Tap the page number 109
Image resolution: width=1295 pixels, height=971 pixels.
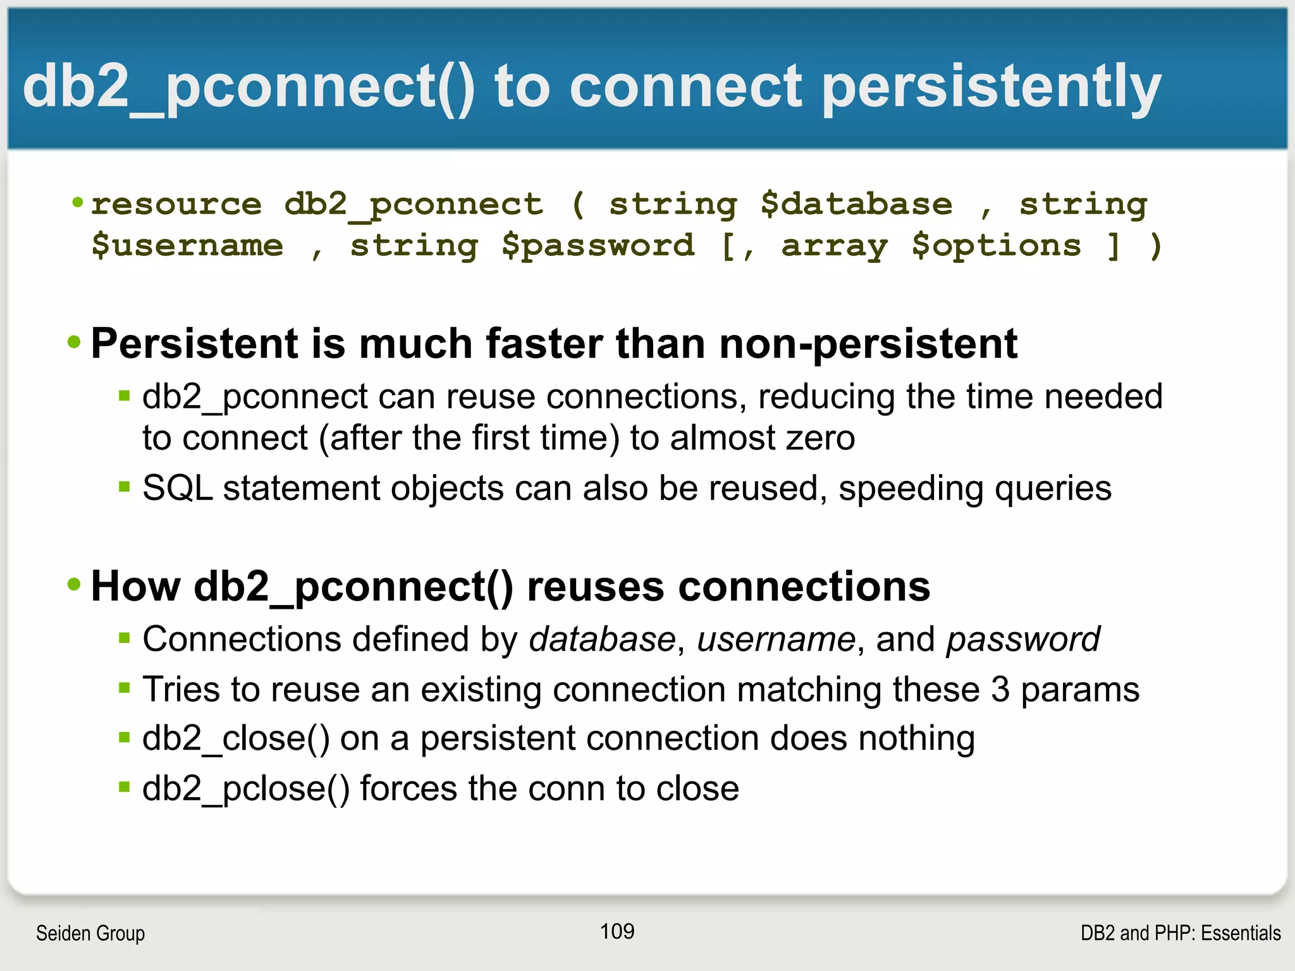[x=617, y=931]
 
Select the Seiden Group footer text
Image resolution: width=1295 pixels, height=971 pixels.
[x=90, y=933]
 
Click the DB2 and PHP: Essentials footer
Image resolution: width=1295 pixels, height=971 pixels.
[x=1180, y=933]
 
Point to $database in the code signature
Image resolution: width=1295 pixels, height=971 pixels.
[x=856, y=205]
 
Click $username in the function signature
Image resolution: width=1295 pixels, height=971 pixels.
[x=187, y=245]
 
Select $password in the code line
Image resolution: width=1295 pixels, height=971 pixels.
[x=598, y=245]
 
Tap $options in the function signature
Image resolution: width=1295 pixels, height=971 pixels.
[x=996, y=245]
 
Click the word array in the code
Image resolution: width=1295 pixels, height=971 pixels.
[x=835, y=245]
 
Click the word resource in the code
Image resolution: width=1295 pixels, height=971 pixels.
[x=176, y=205]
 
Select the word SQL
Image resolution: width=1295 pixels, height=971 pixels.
[x=177, y=489]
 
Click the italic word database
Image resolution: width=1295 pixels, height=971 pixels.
[x=602, y=639]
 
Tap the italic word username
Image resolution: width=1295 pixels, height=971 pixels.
[x=776, y=639]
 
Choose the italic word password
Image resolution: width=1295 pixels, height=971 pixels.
[x=1022, y=639]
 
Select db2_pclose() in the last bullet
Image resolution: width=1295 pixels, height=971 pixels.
[x=245, y=789]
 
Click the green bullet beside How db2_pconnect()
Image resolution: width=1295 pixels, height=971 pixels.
[x=75, y=584]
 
